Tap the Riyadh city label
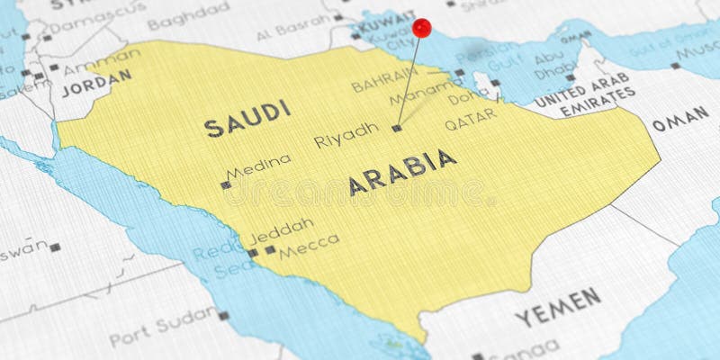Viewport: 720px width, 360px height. [346, 136]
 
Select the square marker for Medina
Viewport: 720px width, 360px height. [226, 185]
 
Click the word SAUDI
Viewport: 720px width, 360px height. [247, 119]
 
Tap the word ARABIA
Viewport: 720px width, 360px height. [402, 172]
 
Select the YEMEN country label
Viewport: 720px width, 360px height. [557, 306]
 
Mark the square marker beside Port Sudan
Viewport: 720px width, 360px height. [222, 316]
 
